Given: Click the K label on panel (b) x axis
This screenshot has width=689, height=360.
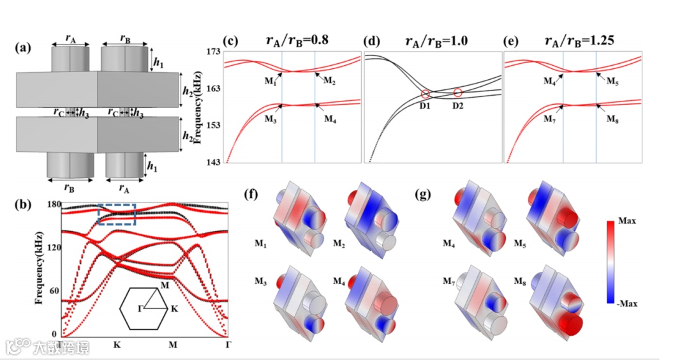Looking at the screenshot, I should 117,345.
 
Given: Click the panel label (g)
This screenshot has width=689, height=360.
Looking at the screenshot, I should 422,194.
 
